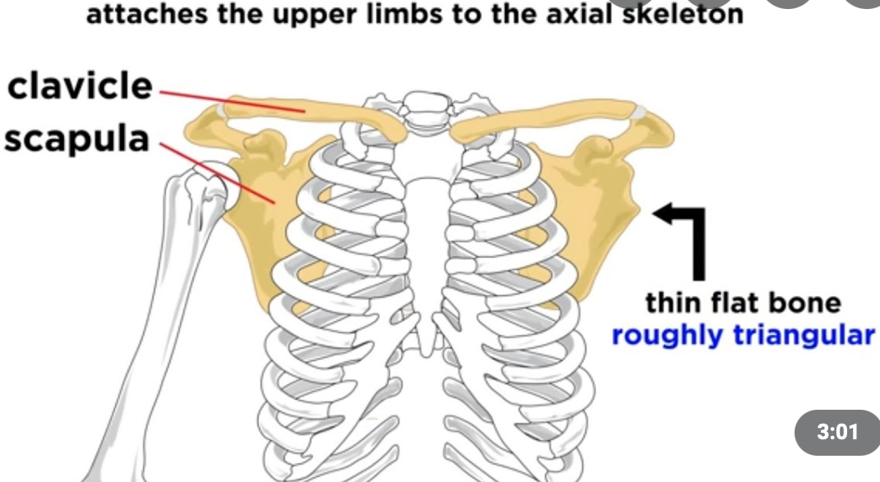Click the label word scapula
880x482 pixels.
pyautogui.click(x=76, y=140)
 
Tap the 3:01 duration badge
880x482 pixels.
pyautogui.click(x=838, y=430)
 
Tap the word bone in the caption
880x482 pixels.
pyautogui.click(x=809, y=303)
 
